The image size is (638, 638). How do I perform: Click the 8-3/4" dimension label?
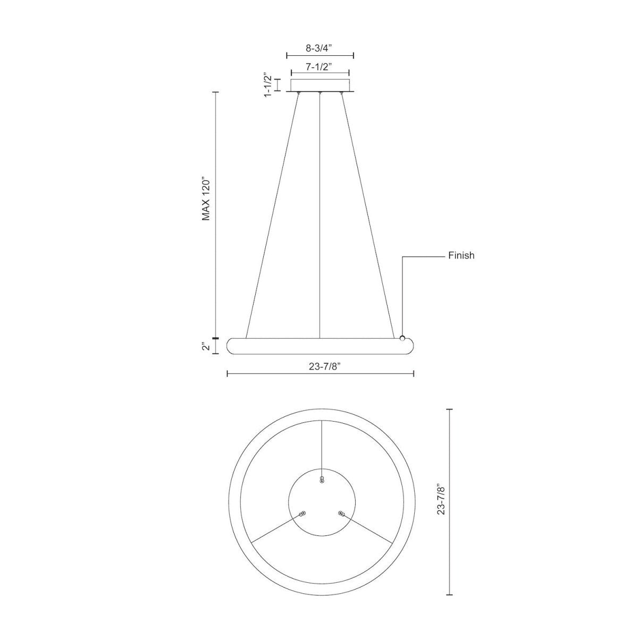(x=319, y=47)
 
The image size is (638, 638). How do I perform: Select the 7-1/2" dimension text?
(x=319, y=66)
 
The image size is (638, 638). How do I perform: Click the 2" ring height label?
(x=206, y=347)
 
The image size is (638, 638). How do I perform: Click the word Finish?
(x=461, y=256)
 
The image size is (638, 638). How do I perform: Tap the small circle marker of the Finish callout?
(x=402, y=338)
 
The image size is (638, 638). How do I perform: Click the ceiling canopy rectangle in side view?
(x=320, y=86)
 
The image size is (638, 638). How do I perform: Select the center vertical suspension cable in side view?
(x=320, y=213)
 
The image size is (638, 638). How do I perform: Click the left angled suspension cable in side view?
(x=272, y=213)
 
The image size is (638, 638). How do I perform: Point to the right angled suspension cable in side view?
(x=367, y=213)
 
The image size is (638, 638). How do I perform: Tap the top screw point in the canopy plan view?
(x=322, y=480)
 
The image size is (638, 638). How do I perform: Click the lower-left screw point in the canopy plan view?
(x=303, y=514)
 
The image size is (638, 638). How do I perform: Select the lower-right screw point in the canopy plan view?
(x=341, y=514)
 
